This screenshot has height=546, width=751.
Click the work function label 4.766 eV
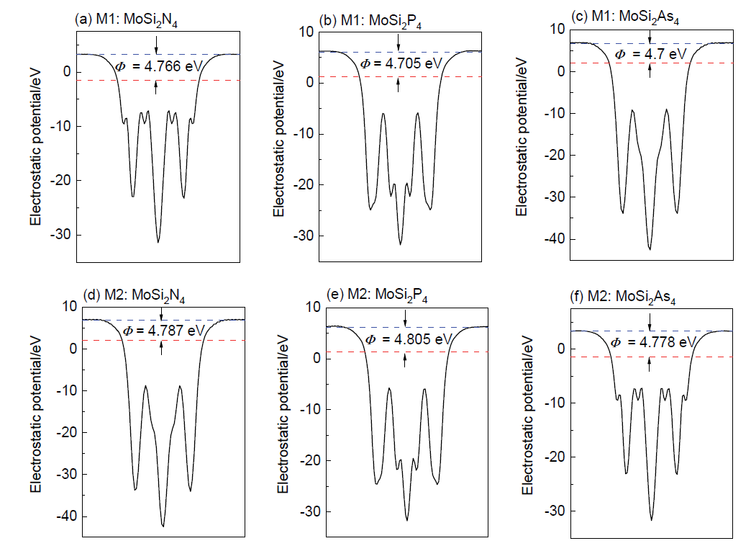[x=160, y=67]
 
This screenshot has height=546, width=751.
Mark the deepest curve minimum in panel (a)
[x=158, y=241]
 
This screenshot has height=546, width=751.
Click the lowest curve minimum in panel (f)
[x=652, y=519]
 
